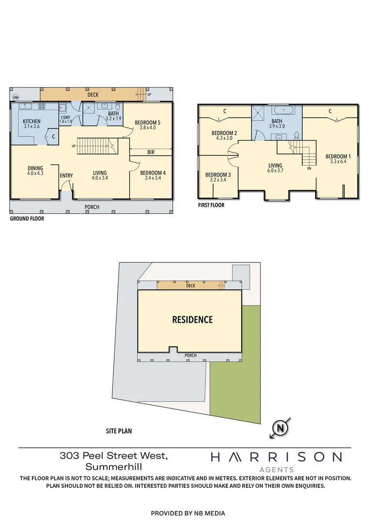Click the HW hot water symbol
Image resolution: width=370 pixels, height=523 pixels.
(x=15, y=97)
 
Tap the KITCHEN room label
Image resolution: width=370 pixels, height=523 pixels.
(x=32, y=121)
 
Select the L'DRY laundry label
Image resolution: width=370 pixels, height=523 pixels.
(x=65, y=117)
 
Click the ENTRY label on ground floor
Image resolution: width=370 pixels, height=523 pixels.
(x=66, y=175)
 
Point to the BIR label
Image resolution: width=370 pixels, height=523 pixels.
(x=151, y=152)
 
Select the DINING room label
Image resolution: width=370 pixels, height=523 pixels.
(x=35, y=168)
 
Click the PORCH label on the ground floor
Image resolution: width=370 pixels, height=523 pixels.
(x=92, y=207)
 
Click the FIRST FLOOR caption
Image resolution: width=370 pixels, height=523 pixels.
(x=211, y=205)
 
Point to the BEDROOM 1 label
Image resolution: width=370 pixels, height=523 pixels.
(x=338, y=156)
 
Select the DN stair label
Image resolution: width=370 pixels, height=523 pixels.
(x=309, y=169)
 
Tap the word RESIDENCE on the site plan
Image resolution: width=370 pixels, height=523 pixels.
(x=193, y=320)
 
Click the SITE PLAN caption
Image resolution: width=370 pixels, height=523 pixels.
(x=119, y=431)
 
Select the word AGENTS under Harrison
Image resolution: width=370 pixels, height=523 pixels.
(x=277, y=469)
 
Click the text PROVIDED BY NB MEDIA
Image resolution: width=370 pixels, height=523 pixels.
(x=188, y=513)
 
